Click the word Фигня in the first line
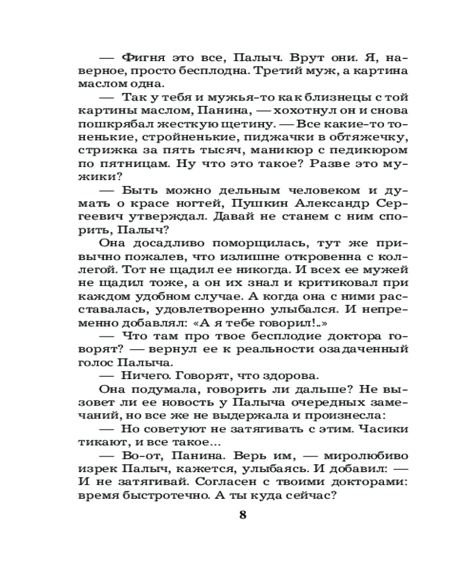pos(141,58)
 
